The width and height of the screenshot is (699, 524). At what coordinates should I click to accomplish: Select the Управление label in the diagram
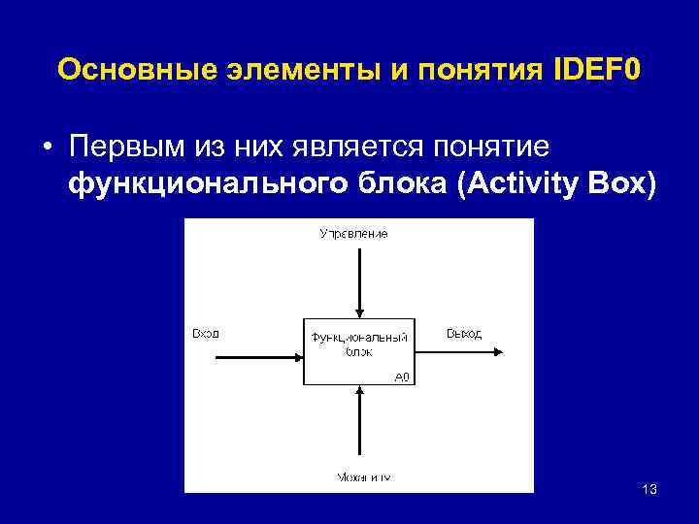tap(353, 234)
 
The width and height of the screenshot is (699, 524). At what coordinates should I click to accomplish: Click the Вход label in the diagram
tap(205, 333)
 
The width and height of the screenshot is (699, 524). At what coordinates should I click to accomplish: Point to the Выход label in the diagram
tap(464, 333)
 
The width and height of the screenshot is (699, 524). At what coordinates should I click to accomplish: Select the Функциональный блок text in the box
tap(358, 344)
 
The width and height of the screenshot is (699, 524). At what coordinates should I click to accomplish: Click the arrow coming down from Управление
tap(359, 281)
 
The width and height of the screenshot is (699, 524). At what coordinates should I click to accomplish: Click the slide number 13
tap(649, 489)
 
